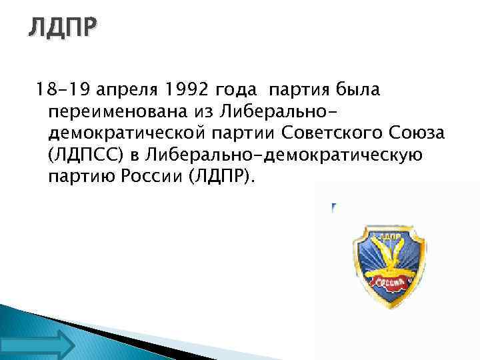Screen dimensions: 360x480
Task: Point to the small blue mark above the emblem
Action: pyautogui.click(x=331, y=209)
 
